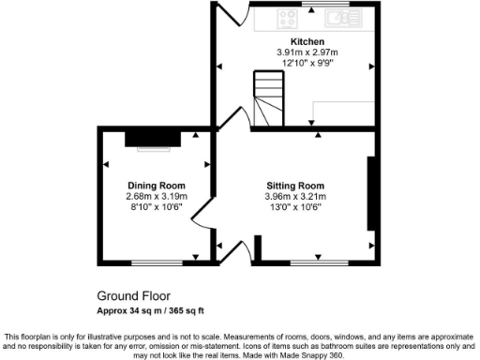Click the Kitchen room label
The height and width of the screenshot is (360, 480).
click(x=307, y=42)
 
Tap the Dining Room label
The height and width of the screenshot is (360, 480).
click(x=157, y=186)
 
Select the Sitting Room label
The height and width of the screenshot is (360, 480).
click(x=294, y=186)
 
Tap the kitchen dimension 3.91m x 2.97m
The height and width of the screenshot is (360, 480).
click(x=307, y=52)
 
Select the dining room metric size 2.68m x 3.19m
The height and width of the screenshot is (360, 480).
click(x=157, y=197)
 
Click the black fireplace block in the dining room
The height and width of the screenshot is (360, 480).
click(x=151, y=139)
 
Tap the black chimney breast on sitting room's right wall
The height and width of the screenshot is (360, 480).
click(x=372, y=193)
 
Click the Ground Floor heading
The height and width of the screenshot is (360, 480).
click(x=127, y=294)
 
